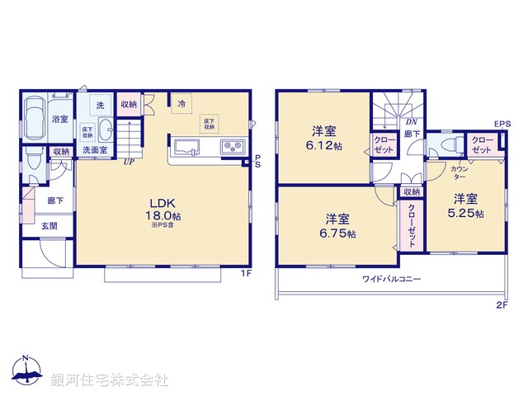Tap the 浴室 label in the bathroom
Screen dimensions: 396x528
coord(60,120)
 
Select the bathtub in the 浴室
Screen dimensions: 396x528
coord(35,120)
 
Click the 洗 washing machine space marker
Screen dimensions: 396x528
coord(101,106)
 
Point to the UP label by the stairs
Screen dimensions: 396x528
coord(129,163)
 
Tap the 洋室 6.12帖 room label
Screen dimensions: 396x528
coord(323,137)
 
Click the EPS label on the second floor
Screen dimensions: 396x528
coord(502,124)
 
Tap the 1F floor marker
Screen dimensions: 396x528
coord(245,273)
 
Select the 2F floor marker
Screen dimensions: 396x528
coord(501,305)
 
